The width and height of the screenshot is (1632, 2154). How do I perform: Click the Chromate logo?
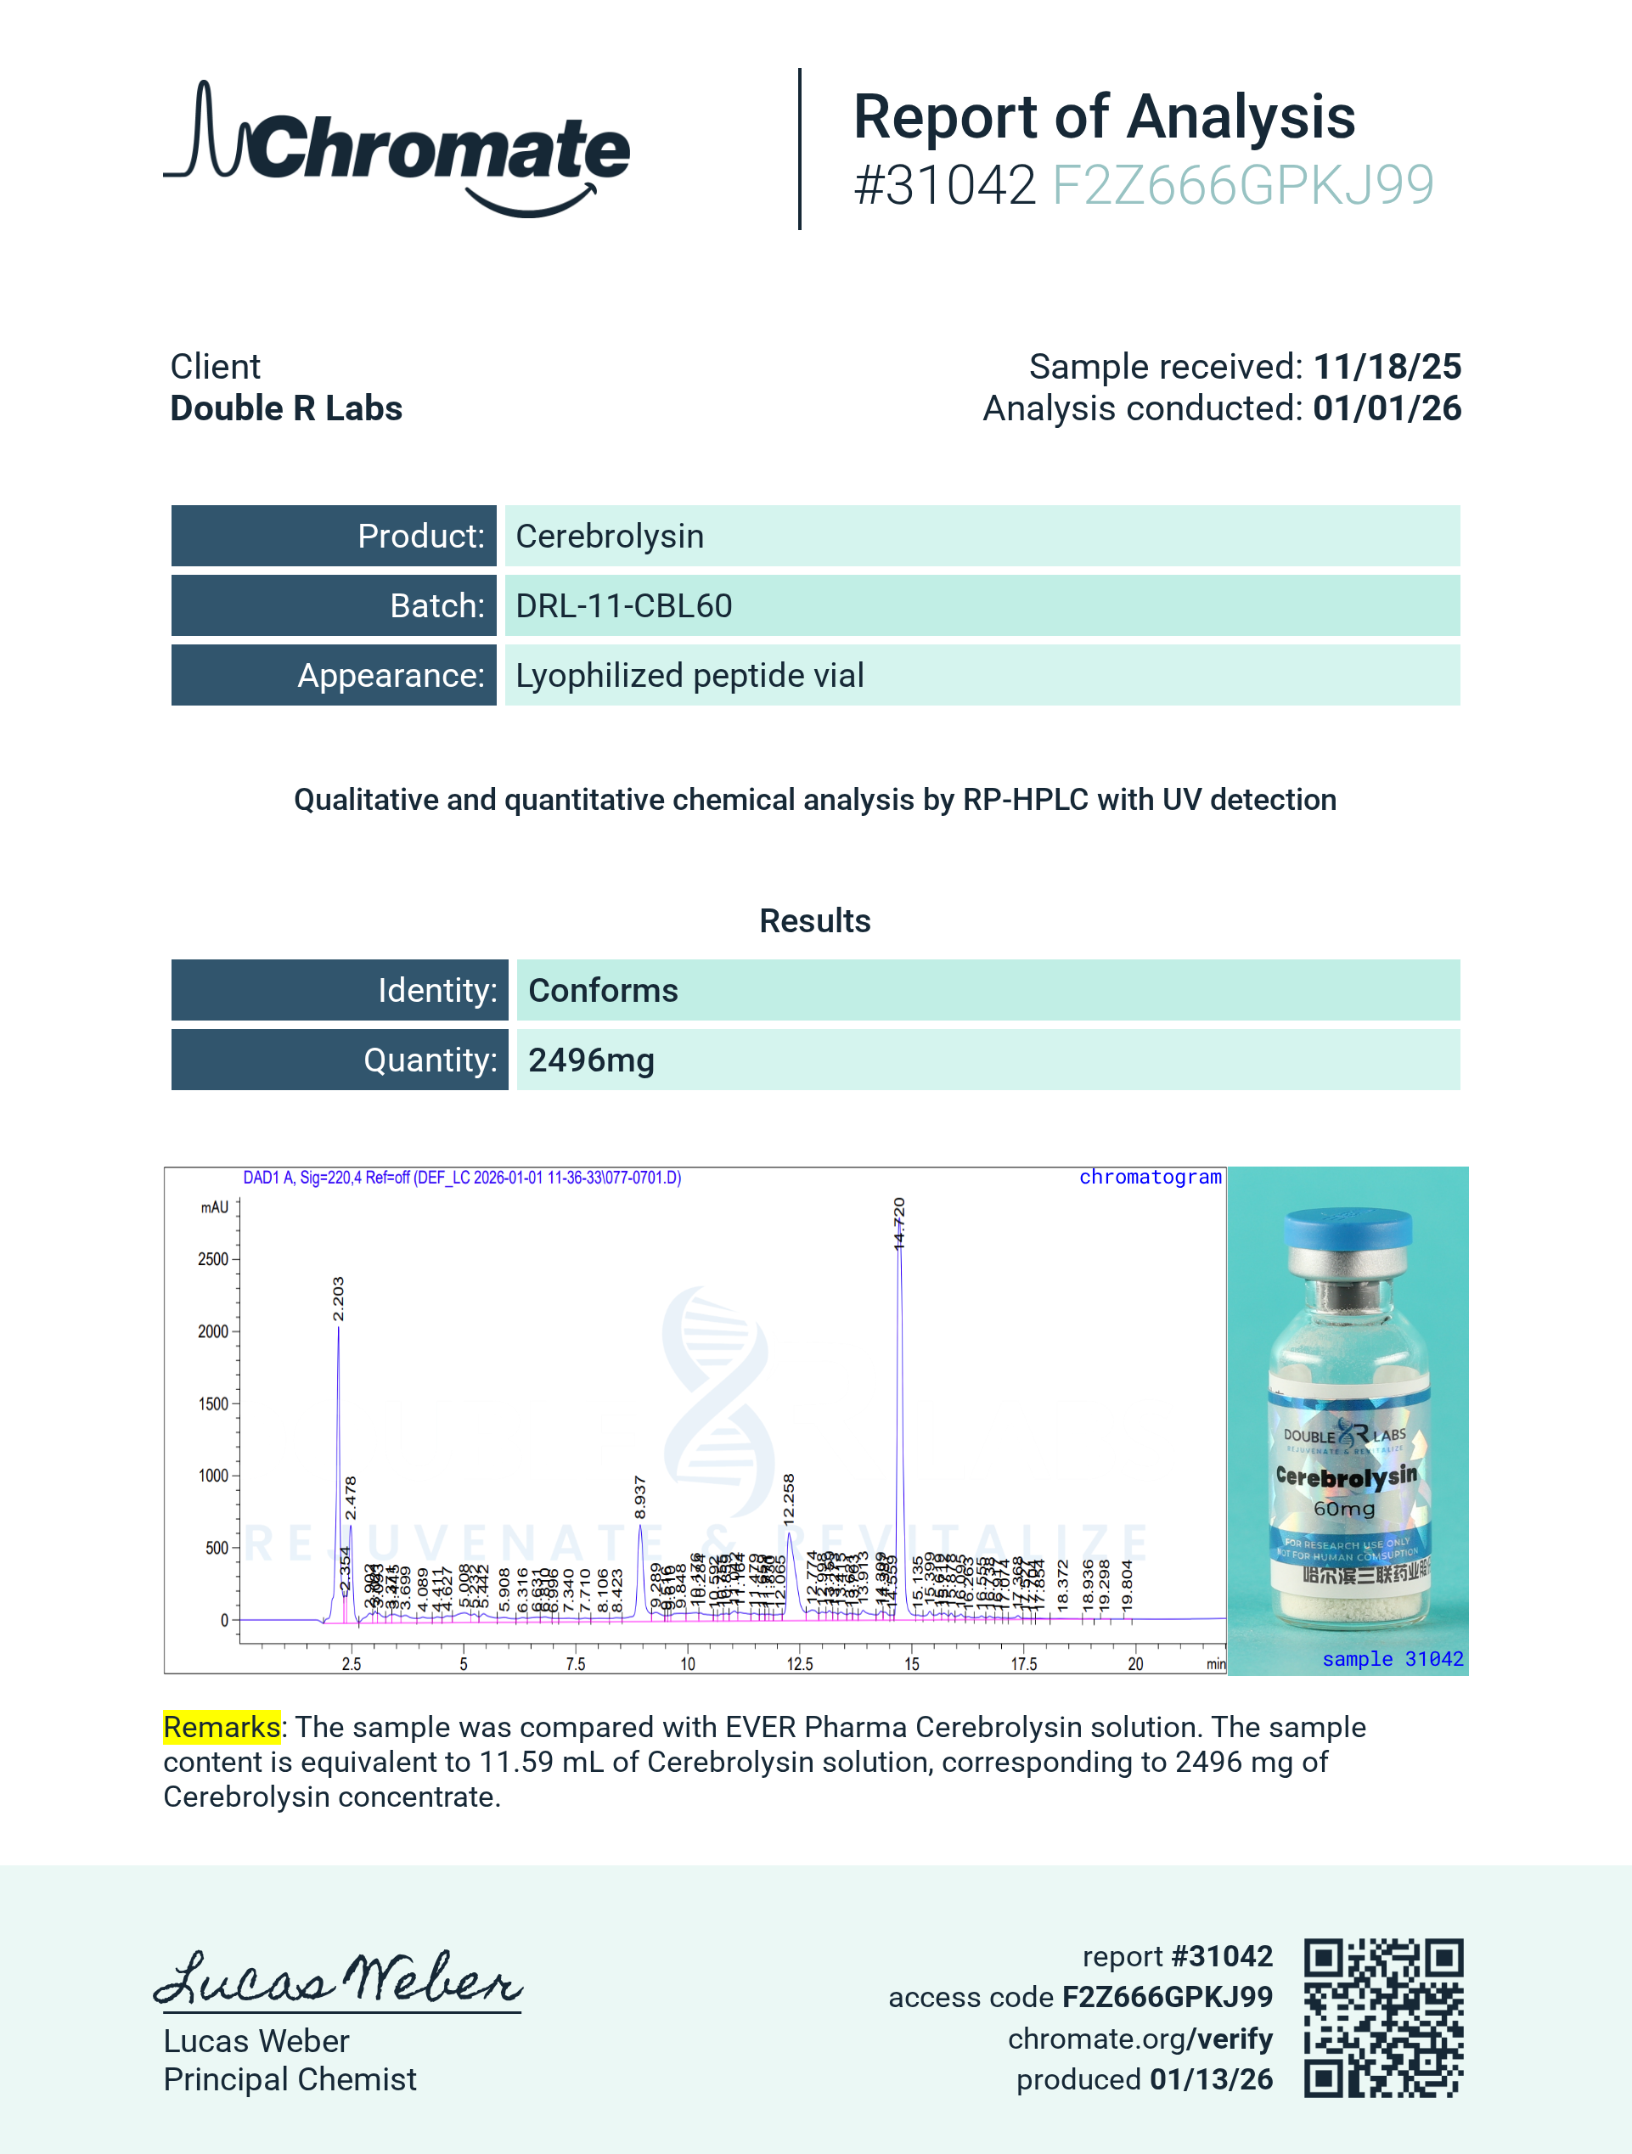tap(397, 149)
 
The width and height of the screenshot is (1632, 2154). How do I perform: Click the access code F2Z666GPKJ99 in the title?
tap(1242, 185)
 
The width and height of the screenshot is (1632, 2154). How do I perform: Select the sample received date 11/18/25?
tap(1387, 367)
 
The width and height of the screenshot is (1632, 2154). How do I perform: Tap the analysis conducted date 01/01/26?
tap(1387, 409)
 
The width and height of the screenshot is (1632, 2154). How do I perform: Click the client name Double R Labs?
tap(286, 409)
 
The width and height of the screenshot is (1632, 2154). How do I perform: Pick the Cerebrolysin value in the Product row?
tap(610, 537)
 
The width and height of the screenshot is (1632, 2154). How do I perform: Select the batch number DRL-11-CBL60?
tap(623, 605)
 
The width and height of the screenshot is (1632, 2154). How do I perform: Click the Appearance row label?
tap(391, 676)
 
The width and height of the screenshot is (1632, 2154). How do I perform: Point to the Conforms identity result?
tap(603, 990)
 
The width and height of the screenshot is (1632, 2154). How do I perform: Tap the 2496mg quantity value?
tap(591, 1060)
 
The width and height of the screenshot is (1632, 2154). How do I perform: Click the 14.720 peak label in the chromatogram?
tap(898, 1223)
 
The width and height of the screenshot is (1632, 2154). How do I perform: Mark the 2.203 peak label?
tap(338, 1299)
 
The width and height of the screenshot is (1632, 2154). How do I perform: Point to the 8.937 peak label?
tap(639, 1498)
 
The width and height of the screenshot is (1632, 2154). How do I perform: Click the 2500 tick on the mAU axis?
tap(212, 1259)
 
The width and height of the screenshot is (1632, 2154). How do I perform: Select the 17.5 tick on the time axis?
tap(1022, 1664)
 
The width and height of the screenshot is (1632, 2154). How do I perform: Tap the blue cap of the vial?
tap(1348, 1229)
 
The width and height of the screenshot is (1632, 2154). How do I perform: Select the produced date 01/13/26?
tap(1210, 2079)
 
